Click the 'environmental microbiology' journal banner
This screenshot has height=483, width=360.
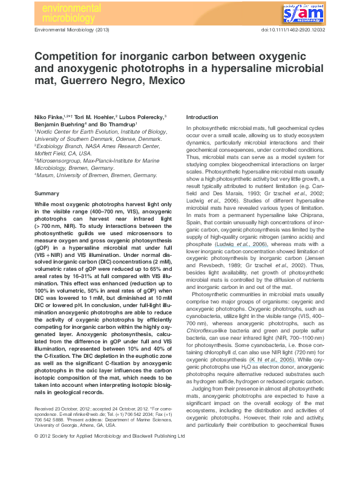pos(67,13)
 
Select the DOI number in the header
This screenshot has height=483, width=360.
pos(292,29)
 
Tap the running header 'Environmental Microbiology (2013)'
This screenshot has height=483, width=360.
pos(72,29)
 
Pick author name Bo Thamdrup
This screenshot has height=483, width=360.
pos(117,123)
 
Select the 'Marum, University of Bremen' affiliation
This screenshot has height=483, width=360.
pos(88,176)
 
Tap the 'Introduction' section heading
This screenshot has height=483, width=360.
pos(201,116)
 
